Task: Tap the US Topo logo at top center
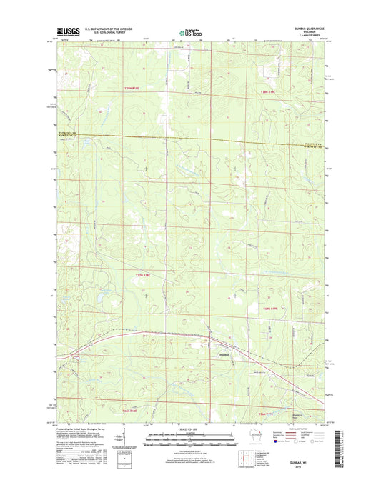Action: tap(191, 31)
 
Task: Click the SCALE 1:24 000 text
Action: tap(190, 429)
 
